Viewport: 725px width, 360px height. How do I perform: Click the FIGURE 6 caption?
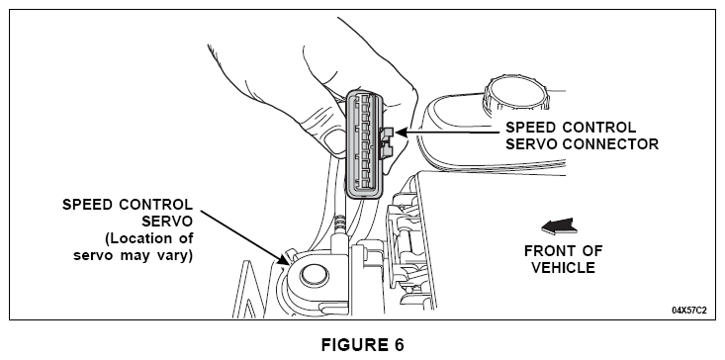362,345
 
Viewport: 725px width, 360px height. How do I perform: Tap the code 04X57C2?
689,311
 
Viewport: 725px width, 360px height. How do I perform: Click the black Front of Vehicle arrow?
559,225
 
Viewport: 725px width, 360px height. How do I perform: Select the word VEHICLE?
563,268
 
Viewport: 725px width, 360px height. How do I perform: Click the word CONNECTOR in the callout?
611,143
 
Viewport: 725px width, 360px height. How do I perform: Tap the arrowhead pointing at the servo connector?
402,133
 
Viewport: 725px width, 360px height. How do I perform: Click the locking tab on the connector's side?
386,142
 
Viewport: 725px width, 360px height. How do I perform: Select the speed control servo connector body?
364,144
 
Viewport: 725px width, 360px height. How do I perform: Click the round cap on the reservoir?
514,93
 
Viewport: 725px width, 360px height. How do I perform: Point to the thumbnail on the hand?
334,141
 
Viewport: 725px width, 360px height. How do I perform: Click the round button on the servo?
315,276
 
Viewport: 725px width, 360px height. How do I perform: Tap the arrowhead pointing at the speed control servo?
284,260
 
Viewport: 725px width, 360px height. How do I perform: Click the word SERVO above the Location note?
167,222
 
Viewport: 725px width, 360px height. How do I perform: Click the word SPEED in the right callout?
529,127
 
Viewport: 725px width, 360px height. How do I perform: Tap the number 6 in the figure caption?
399,345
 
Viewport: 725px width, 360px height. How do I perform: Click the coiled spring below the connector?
340,225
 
